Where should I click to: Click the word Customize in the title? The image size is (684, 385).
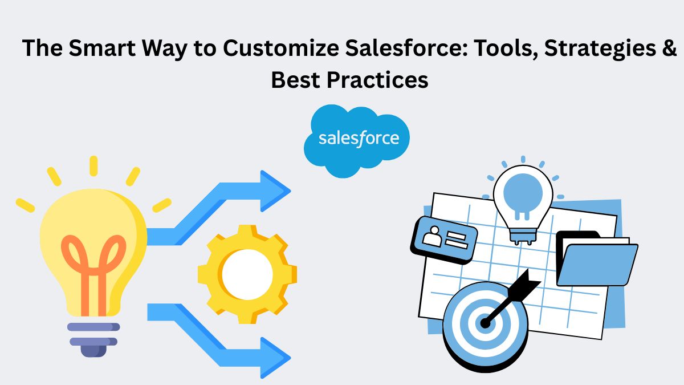click(281, 48)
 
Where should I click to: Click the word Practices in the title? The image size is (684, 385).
click(377, 80)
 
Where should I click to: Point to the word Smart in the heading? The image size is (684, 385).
click(102, 48)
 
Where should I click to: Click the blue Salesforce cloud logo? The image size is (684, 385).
click(357, 141)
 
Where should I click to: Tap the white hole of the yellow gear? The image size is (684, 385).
click(247, 274)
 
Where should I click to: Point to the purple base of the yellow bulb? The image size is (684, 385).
click(93, 340)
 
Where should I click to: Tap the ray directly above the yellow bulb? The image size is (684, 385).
click(93, 166)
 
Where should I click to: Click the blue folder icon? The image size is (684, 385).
click(596, 258)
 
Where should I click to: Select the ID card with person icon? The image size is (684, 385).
click(443, 240)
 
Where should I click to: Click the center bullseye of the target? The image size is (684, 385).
click(485, 323)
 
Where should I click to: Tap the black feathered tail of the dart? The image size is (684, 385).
click(523, 285)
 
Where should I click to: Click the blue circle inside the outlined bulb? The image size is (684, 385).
click(523, 193)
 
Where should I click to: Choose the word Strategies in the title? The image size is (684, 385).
click(600, 49)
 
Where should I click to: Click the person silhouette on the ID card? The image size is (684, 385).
click(432, 236)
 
